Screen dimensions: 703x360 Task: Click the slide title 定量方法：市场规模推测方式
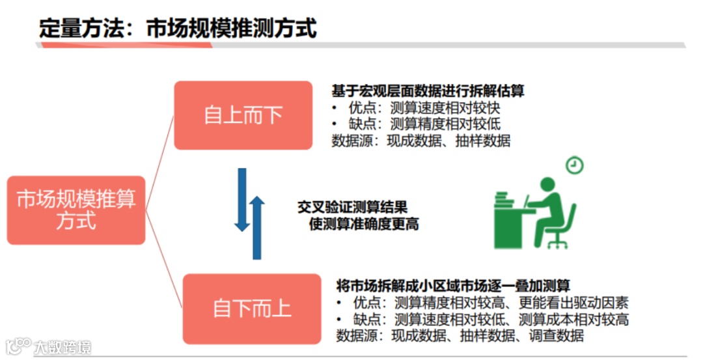(x=178, y=28)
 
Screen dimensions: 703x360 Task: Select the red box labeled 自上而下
(x=243, y=115)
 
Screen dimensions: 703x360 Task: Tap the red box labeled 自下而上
(x=251, y=308)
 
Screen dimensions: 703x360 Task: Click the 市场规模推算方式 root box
(x=76, y=210)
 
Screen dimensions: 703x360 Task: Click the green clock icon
(x=574, y=165)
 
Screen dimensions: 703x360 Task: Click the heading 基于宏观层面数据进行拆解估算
(x=428, y=91)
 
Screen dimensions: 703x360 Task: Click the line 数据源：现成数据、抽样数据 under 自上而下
(x=420, y=140)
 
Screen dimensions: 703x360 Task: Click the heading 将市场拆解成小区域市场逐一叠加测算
(x=453, y=286)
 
